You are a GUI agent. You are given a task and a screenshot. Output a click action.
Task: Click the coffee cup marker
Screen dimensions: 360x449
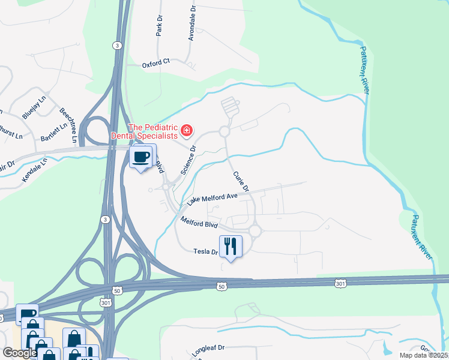tap(142, 157)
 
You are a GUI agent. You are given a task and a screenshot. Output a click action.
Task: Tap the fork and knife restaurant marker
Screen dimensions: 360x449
tap(231, 246)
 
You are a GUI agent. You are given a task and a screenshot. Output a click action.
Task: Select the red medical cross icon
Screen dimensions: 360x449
tap(187, 130)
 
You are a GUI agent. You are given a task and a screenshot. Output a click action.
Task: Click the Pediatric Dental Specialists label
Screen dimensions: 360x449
tap(153, 131)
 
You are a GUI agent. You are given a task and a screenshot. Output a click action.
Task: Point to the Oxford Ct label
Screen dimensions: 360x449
tap(156, 61)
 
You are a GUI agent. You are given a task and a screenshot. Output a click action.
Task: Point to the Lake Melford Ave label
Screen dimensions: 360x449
tap(212, 197)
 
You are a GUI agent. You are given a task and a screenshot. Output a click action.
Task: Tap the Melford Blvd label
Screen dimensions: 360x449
tap(199, 223)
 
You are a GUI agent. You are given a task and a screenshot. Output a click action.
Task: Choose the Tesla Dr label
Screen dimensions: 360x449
tap(205, 252)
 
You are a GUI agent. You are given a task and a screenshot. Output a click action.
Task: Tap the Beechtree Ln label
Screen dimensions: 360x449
tap(68, 125)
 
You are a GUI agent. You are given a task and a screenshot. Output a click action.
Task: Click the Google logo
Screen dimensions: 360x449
tap(20, 353)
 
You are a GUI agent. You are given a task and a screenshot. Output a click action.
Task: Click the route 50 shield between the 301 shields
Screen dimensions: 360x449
tap(221, 287)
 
